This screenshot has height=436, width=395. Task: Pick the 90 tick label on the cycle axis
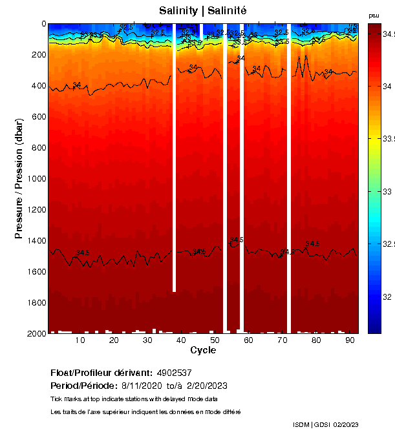pyautogui.click(x=350, y=340)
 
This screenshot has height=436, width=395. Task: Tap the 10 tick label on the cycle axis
pyautogui.click(x=80, y=340)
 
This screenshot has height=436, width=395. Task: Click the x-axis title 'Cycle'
pyautogui.click(x=202, y=350)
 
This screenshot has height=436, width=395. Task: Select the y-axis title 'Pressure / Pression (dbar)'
pyautogui.click(x=19, y=178)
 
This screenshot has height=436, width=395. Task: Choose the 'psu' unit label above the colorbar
pyautogui.click(x=374, y=15)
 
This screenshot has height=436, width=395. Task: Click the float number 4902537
pyautogui.click(x=174, y=373)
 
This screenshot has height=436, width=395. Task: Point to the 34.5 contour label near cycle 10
pyautogui.click(x=83, y=253)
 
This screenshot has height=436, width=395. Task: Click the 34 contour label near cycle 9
pyautogui.click(x=77, y=85)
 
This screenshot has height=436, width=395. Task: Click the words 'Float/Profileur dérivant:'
pyautogui.click(x=101, y=373)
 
